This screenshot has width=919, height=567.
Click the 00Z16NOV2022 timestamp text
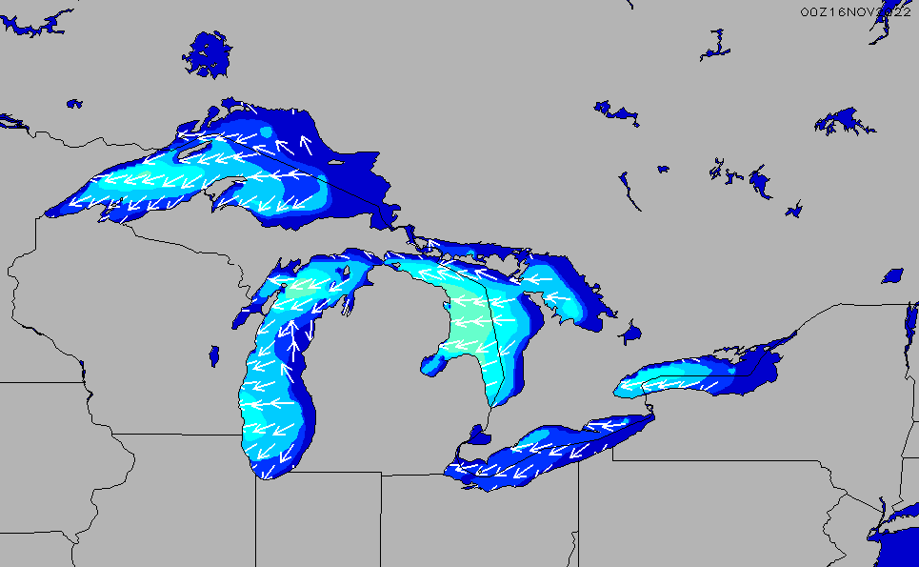[855, 10]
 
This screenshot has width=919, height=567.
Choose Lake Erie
[543, 453]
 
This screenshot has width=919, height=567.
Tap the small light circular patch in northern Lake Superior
[268, 131]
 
